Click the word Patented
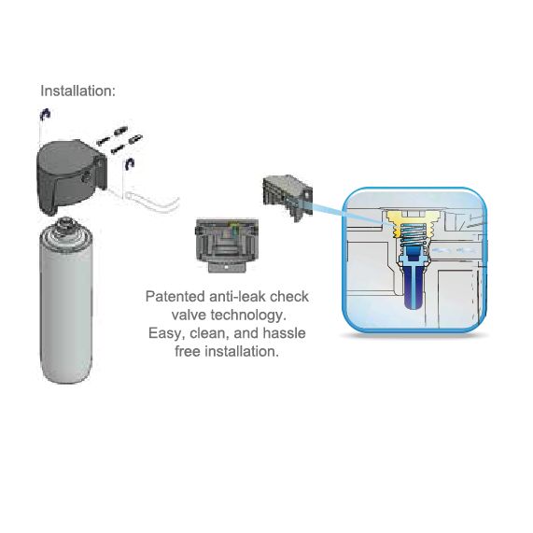[175, 297]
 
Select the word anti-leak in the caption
[237, 297]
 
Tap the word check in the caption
[289, 297]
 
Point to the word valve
[189, 315]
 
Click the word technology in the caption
[248, 316]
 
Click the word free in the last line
[188, 351]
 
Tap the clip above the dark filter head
[45, 114]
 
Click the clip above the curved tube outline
[130, 164]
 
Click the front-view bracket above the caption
[227, 245]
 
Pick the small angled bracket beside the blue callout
[288, 198]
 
